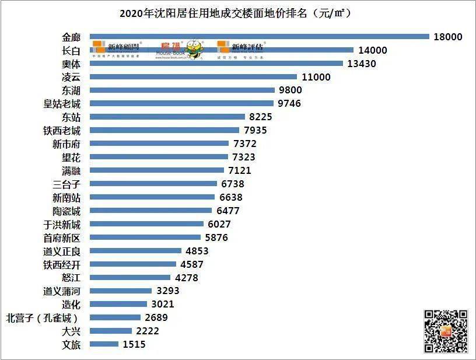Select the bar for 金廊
[x=260, y=37]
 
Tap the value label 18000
[x=448, y=37]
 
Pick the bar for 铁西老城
[x=165, y=130]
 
